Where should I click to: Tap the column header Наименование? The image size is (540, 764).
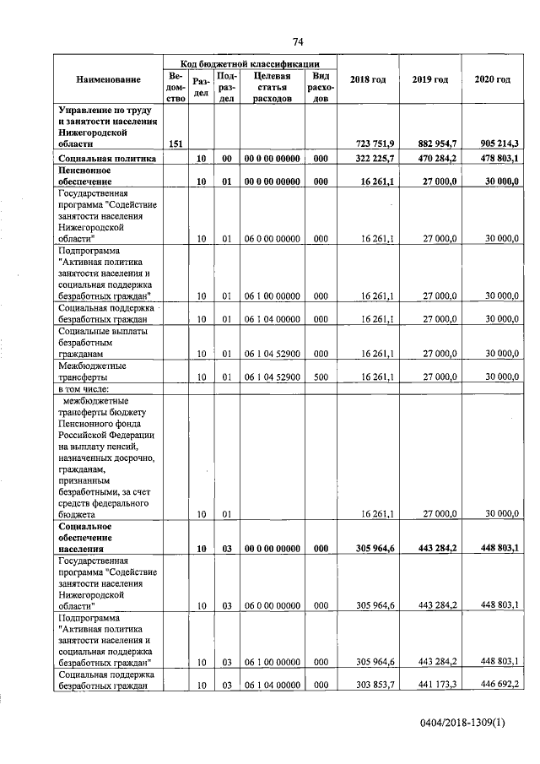tap(108, 79)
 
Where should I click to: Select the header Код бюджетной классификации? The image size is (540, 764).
tap(249, 62)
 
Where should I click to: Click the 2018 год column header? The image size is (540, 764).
tap(367, 79)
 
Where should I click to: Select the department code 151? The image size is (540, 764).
tap(175, 144)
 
